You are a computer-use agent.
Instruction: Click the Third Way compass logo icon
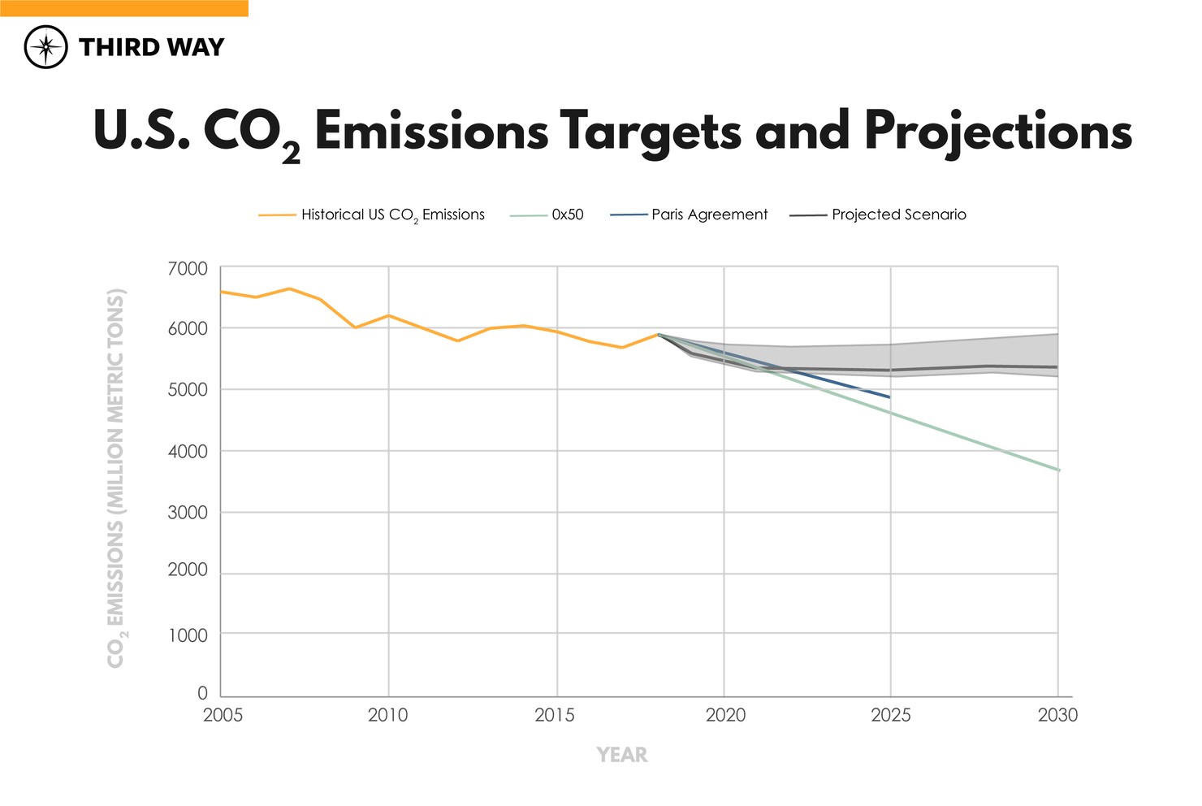(x=46, y=46)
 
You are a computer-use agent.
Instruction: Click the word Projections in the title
(x=997, y=132)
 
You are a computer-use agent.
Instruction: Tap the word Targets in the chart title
(x=650, y=132)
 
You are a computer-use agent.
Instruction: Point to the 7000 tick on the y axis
(x=188, y=268)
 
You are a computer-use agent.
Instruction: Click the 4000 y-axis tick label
(x=188, y=451)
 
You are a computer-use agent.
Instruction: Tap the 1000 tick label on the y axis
(x=188, y=635)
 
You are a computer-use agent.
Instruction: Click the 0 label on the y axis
(x=202, y=693)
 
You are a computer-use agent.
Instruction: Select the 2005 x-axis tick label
(x=223, y=715)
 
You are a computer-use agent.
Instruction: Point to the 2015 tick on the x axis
(x=555, y=715)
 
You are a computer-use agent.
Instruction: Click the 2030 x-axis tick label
(x=1057, y=715)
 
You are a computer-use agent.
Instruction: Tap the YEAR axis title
(x=622, y=755)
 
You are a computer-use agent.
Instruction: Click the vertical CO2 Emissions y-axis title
(x=116, y=478)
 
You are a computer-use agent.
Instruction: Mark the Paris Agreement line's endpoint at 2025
(x=890, y=396)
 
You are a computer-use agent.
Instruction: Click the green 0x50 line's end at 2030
(x=1057, y=470)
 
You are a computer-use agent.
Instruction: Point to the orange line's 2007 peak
(x=289, y=288)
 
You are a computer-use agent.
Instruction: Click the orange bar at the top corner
(x=123, y=8)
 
